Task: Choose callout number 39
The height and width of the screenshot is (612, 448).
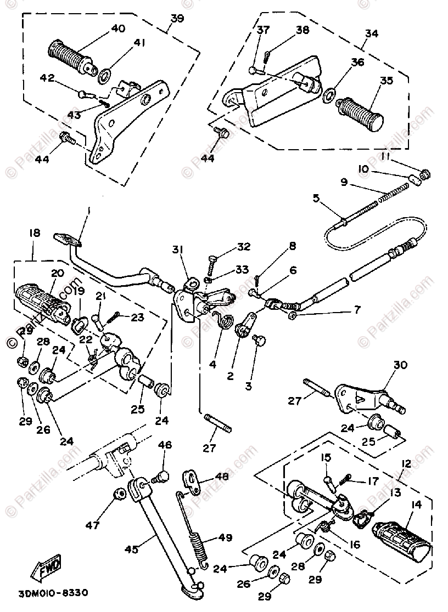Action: tap(177, 18)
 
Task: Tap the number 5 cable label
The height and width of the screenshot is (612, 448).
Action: tap(316, 198)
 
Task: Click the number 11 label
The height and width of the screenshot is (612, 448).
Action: tap(386, 157)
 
